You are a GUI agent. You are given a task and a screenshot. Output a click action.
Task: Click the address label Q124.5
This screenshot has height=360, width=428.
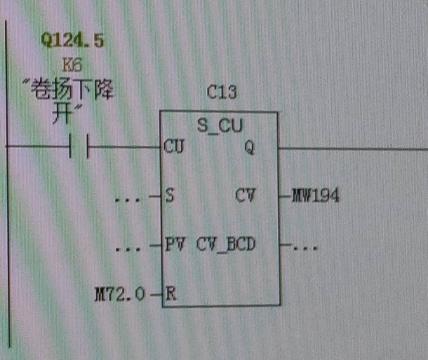pos(72,40)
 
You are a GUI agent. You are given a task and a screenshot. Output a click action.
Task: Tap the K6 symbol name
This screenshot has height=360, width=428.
pos(72,65)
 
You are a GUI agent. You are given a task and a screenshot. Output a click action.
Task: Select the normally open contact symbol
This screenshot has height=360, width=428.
pos(79,146)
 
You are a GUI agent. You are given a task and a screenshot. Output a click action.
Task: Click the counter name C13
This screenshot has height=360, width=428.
pos(221,92)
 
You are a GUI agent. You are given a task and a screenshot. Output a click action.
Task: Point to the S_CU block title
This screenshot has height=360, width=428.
pos(220,125)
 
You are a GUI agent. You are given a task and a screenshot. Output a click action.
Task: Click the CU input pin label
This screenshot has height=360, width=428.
pos(174,146)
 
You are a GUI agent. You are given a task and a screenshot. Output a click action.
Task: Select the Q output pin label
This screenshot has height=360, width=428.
pos(249,147)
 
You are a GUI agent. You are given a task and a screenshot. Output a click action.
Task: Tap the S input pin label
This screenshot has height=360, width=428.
pos(170,195)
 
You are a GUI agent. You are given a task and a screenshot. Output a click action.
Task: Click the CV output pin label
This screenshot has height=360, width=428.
pos(245,195)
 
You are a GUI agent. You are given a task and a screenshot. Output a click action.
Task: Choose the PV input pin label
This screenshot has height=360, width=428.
pos(175,244)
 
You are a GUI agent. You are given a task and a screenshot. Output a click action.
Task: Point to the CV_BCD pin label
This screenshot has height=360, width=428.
pos(226,244)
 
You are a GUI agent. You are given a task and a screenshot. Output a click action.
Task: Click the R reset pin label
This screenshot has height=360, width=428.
pos(171,294)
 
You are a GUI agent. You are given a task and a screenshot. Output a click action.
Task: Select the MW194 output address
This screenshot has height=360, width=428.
pos(315,195)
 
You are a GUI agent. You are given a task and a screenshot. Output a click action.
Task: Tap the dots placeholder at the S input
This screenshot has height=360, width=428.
pos(128,200)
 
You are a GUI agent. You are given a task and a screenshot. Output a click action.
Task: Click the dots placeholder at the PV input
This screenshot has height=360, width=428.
pos(128,249)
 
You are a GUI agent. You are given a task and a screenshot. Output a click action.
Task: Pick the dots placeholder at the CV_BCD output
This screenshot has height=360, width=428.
pos(305,248)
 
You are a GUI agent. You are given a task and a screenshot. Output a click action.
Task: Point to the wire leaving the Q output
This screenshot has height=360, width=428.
pos(353,149)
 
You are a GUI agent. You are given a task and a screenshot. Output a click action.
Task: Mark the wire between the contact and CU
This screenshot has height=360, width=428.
pos(124,147)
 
